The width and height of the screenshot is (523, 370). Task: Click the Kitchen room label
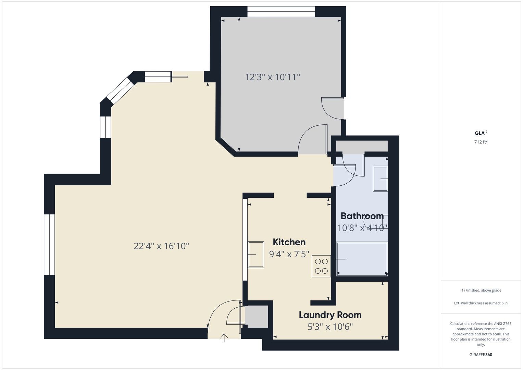[289, 242]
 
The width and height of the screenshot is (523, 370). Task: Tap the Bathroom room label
[362, 216]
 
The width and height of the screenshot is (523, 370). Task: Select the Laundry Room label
[330, 315]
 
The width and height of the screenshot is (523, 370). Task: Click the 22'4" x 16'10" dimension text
[161, 246]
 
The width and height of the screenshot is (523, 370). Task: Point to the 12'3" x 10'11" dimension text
[272, 77]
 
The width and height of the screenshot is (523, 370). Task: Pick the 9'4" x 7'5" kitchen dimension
[289, 254]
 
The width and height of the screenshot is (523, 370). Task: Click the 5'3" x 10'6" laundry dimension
[330, 327]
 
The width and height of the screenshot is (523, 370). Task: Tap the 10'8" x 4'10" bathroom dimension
[362, 228]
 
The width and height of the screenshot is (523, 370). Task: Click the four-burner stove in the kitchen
[321, 266]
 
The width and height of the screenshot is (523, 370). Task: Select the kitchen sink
[256, 255]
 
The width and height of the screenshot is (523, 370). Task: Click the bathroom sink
[380, 179]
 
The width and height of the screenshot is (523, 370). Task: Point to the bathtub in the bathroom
[362, 259]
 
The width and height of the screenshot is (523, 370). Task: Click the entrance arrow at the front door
[224, 337]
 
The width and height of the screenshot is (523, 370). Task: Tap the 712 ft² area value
[481, 142]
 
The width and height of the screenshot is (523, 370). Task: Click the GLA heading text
[480, 133]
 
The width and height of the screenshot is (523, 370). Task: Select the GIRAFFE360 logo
[481, 355]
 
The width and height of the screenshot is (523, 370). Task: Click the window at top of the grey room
[281, 11]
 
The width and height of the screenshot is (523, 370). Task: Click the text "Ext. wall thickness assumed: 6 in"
[481, 303]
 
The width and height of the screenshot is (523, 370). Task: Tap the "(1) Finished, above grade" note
[481, 291]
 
